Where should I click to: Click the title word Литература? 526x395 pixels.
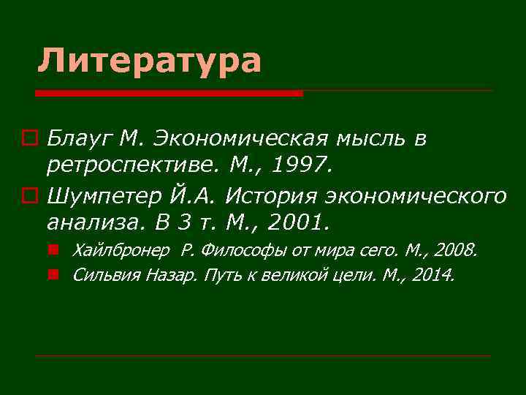pyautogui.click(x=149, y=60)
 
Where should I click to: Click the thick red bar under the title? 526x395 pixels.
pyautogui.click(x=169, y=94)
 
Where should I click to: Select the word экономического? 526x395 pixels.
pyautogui.click(x=416, y=195)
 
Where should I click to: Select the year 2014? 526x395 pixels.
pyautogui.click(x=435, y=275)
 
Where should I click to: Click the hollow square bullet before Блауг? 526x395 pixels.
pyautogui.click(x=29, y=138)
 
